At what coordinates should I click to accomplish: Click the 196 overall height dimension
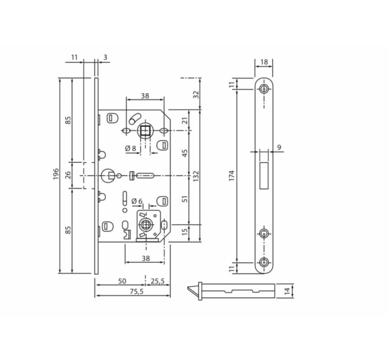click(56, 174)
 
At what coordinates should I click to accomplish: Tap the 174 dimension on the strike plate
click(231, 175)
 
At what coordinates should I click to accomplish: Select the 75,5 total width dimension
click(137, 291)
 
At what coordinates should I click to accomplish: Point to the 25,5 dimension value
click(158, 281)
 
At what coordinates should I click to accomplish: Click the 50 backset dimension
click(122, 281)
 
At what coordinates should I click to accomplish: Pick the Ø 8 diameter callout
click(131, 148)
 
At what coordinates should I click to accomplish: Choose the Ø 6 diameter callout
click(137, 201)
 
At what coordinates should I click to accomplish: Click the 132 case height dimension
click(196, 175)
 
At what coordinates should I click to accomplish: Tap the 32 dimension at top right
click(196, 94)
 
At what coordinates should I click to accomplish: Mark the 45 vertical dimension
click(185, 153)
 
